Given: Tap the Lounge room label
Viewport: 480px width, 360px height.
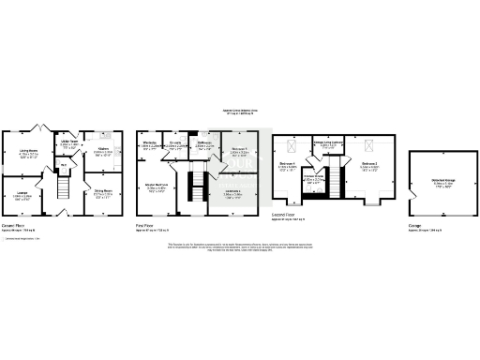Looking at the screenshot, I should point(22,194).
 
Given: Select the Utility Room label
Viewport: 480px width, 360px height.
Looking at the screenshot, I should point(70,145).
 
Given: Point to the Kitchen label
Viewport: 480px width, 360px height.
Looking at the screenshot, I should point(103,150).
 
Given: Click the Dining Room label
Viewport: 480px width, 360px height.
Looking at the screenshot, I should point(103,194).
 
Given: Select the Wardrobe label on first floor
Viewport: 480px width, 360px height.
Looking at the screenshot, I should point(149,145).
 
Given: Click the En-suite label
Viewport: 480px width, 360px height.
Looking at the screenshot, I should point(175,145).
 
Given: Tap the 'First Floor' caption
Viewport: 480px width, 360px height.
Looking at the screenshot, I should point(144,226).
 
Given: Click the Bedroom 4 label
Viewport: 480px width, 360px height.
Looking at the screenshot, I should point(289,167).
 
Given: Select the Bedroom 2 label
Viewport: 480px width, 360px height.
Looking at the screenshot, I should point(370,167).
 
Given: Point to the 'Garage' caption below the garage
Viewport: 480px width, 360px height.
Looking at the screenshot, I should point(414,226).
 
